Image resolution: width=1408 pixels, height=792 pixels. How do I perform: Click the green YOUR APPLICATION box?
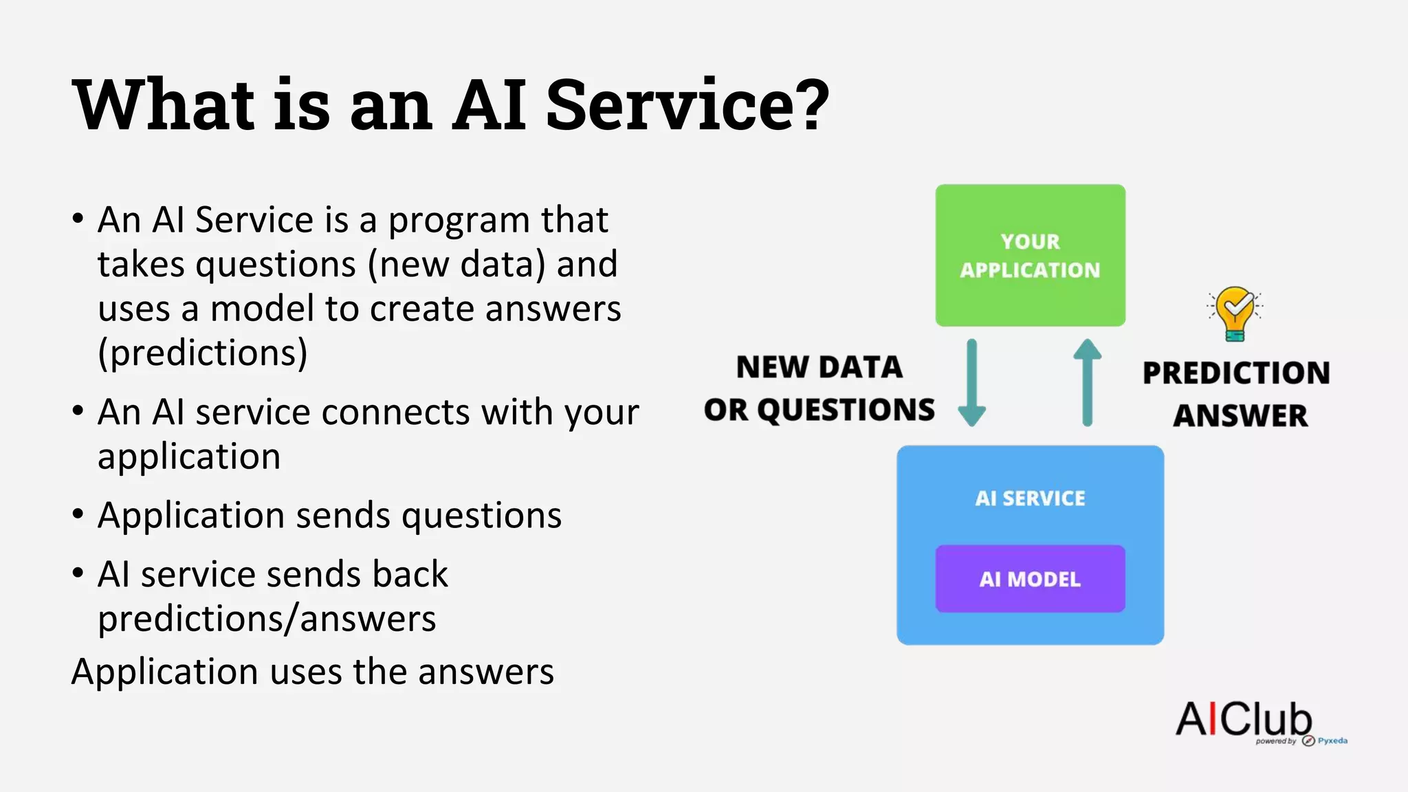click(x=1030, y=255)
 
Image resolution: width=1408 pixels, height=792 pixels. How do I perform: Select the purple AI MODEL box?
click(x=1030, y=579)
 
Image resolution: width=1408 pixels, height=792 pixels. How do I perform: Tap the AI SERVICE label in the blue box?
click(x=1030, y=498)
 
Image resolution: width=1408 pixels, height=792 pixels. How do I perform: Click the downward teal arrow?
click(x=972, y=382)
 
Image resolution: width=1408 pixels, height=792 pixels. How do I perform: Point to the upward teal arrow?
click(x=1087, y=382)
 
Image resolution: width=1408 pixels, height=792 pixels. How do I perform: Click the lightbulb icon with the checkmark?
click(x=1235, y=313)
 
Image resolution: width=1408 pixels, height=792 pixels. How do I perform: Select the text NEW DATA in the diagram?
click(x=819, y=367)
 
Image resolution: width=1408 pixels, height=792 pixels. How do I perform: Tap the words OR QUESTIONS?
click(x=819, y=410)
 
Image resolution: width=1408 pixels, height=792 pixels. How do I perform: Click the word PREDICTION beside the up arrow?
click(x=1236, y=373)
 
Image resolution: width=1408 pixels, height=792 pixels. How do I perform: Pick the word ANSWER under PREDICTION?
click(x=1240, y=415)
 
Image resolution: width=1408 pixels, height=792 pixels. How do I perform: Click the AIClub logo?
click(x=1244, y=720)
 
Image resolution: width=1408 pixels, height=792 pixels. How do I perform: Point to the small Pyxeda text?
click(x=1332, y=740)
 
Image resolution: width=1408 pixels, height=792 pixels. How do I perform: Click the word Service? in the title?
click(x=687, y=104)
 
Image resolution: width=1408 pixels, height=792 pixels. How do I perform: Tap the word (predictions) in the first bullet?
click(x=203, y=353)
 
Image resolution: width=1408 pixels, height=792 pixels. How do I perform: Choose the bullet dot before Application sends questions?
click(x=78, y=514)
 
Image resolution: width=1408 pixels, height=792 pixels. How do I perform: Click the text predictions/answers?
click(x=267, y=619)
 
